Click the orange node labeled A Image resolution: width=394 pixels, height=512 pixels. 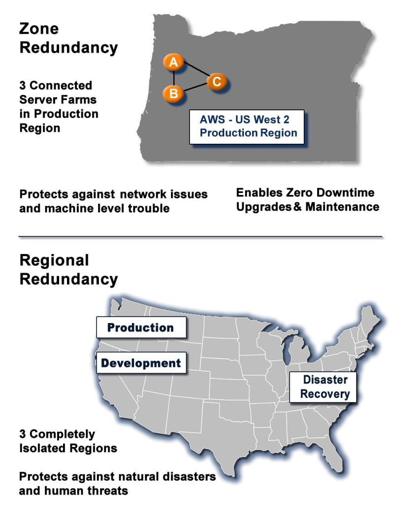click(173, 63)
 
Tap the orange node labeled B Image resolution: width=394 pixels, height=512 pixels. click(173, 93)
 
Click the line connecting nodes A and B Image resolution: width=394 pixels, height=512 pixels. click(174, 78)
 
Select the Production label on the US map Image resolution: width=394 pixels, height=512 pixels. click(141, 327)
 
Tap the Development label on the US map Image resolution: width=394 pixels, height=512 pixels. click(141, 363)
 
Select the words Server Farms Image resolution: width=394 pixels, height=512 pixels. click(58, 99)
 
